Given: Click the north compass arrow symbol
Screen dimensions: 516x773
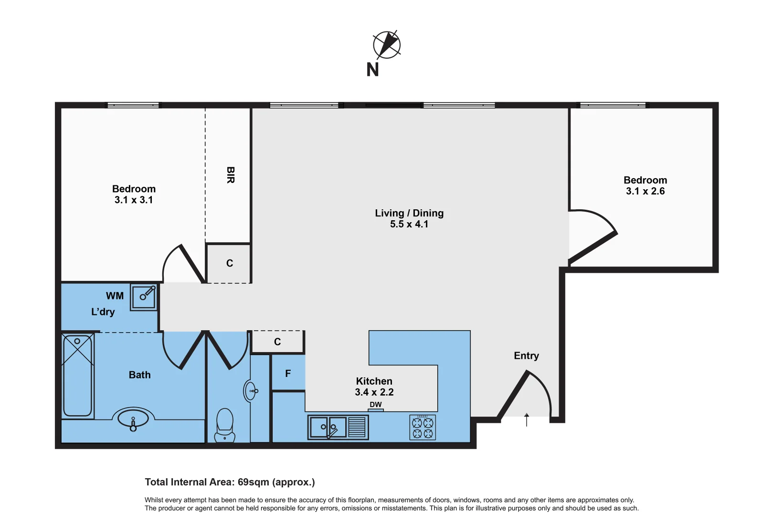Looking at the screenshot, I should pyautogui.click(x=387, y=45).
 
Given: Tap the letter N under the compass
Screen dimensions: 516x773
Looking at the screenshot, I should pyautogui.click(x=372, y=70).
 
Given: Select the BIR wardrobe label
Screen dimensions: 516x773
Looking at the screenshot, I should pyautogui.click(x=231, y=175).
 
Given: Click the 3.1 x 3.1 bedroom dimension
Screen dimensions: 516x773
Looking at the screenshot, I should pyautogui.click(x=134, y=200).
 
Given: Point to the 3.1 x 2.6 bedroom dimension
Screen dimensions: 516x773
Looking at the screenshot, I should pyautogui.click(x=645, y=191).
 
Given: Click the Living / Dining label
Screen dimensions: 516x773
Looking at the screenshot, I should pyautogui.click(x=409, y=213).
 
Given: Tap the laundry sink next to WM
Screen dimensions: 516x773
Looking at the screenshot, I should pyautogui.click(x=144, y=297).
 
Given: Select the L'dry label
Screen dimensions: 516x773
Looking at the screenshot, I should pyautogui.click(x=103, y=312).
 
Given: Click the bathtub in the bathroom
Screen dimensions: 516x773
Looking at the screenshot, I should pyautogui.click(x=77, y=376).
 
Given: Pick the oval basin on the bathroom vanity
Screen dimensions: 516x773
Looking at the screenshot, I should pyautogui.click(x=133, y=418).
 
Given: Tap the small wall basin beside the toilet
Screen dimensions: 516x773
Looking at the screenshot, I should pyautogui.click(x=250, y=391).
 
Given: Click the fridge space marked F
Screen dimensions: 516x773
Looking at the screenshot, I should pyautogui.click(x=288, y=374).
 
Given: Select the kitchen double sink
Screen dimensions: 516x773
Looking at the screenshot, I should pyautogui.click(x=329, y=427).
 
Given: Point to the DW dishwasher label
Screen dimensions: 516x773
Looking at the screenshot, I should pyautogui.click(x=376, y=405).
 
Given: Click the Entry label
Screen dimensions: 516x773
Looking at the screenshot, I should pyautogui.click(x=526, y=356).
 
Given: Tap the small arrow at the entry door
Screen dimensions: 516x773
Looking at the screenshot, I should pyautogui.click(x=527, y=419).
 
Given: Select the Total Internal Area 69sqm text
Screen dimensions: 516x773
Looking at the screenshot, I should pyautogui.click(x=230, y=482).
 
